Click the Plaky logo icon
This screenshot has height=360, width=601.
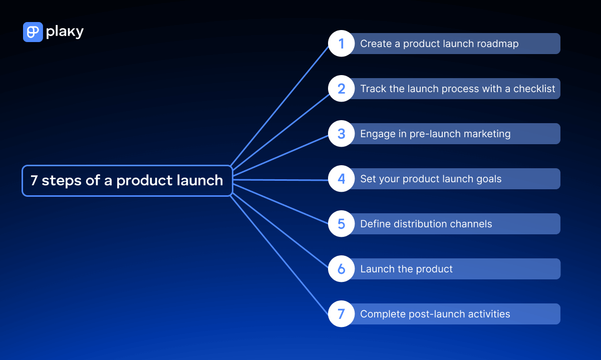33,32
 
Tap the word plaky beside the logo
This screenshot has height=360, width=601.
65,32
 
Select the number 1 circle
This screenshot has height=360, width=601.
342,44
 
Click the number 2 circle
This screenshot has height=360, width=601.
342,89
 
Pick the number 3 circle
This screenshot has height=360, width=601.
342,134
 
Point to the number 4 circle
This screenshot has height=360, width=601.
342,179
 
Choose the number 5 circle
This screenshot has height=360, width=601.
342,224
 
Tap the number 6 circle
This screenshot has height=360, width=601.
342,269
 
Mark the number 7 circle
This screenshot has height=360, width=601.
342,314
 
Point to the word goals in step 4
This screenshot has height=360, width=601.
488,179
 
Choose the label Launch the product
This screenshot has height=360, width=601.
406,269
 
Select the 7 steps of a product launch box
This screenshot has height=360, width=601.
127,180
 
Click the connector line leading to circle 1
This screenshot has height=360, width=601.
280,106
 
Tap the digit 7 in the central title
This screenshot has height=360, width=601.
34,181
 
